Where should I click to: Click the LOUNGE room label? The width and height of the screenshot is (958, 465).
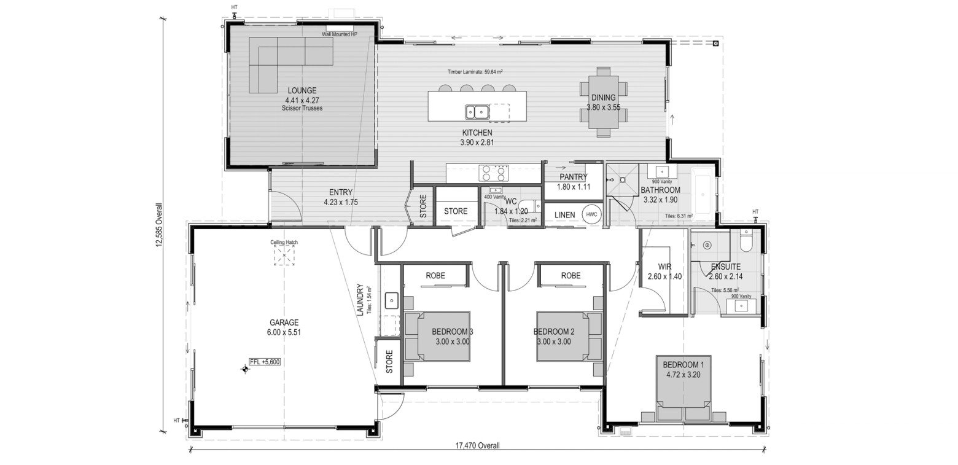tap(302, 91)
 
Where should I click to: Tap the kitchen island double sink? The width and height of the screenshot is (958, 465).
tap(477, 112)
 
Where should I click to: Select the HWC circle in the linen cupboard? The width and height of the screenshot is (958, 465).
tap(591, 214)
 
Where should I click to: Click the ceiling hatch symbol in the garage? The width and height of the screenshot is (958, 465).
tap(284, 256)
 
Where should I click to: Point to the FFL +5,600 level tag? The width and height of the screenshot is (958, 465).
tap(265, 362)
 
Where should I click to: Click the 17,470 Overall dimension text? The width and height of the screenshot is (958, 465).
tap(477, 446)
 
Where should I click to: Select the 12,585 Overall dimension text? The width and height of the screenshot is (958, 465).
tap(159, 225)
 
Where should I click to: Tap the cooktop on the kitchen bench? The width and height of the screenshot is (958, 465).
tap(494, 173)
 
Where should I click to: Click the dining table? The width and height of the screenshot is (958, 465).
tap(604, 102)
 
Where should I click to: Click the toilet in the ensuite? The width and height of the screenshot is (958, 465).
tap(746, 241)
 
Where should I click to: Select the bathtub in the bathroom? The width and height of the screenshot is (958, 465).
tap(703, 195)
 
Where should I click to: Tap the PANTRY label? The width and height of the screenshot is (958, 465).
tap(574, 177)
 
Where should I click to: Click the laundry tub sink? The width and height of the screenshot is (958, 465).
tap(391, 300)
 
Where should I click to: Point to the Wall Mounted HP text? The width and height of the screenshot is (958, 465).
tap(340, 34)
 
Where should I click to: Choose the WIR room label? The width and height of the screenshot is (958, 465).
tap(664, 267)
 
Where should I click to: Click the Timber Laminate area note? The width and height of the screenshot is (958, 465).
tap(475, 72)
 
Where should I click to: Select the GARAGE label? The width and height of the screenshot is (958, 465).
tap(284, 322)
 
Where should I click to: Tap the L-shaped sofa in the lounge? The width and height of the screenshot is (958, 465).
tap(291, 64)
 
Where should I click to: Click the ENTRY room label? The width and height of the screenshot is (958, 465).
tap(340, 192)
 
